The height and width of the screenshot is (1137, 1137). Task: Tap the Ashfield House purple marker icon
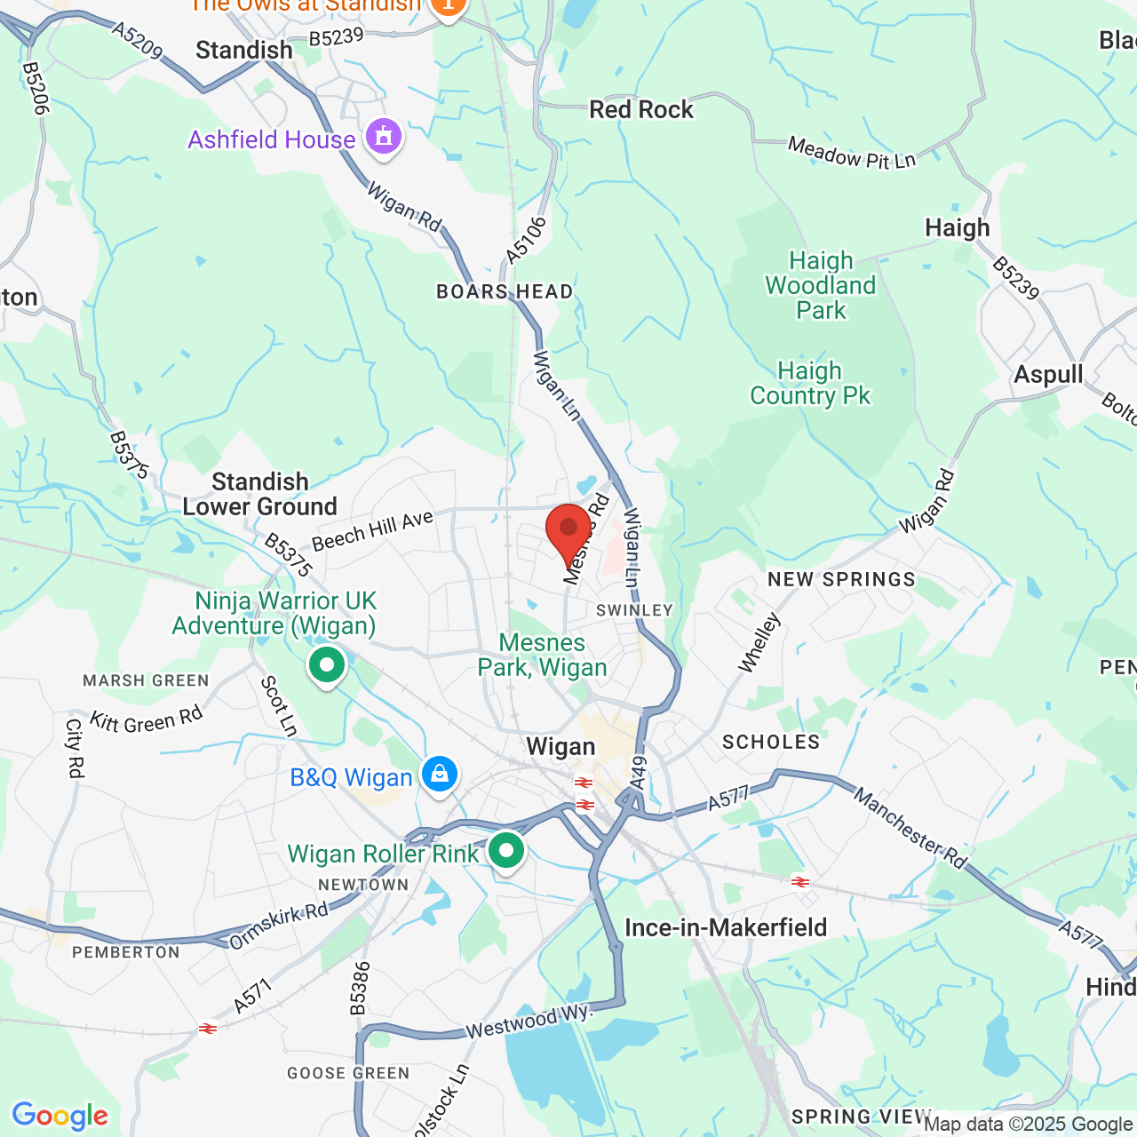click(x=384, y=138)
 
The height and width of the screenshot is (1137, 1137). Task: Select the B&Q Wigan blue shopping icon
click(x=439, y=775)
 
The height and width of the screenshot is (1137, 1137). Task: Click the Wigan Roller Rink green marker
click(x=506, y=851)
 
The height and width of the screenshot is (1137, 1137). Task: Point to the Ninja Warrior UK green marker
click(x=327, y=665)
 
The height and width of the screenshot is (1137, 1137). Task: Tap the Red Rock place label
click(x=641, y=109)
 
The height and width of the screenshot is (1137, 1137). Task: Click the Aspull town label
click(x=1048, y=374)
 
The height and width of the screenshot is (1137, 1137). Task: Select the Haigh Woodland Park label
click(x=821, y=285)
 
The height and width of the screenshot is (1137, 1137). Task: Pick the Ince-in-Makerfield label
click(x=726, y=927)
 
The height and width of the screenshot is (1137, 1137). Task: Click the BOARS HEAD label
click(x=505, y=291)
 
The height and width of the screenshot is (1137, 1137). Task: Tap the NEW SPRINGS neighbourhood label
click(x=841, y=579)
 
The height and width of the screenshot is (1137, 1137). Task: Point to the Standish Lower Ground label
click(x=260, y=494)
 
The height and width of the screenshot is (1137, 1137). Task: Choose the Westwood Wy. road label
click(x=529, y=1022)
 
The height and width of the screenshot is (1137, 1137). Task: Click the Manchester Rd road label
click(x=910, y=827)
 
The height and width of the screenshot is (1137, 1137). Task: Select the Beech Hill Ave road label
click(x=372, y=530)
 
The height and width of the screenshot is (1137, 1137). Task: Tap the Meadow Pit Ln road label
click(x=852, y=153)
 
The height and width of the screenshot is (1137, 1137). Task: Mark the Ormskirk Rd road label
click(x=279, y=926)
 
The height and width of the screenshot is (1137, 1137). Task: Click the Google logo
click(x=60, y=1116)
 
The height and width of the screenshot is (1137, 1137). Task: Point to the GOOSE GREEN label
click(x=348, y=1073)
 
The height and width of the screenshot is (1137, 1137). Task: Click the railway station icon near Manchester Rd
click(x=800, y=881)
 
